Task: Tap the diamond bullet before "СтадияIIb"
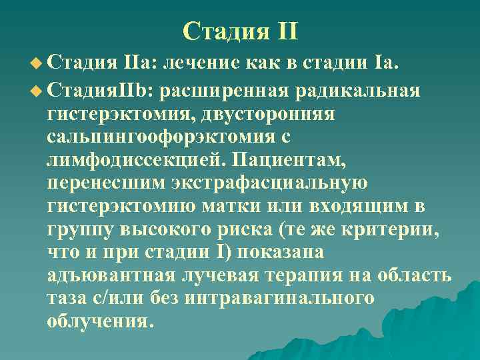(x=37, y=91)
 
